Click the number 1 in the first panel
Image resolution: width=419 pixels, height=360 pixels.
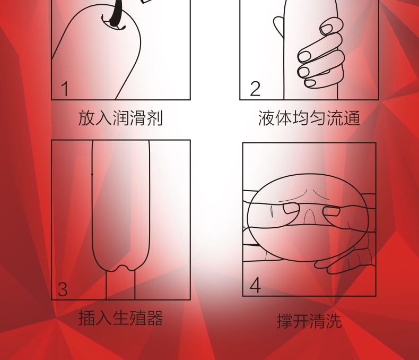(x=65, y=89)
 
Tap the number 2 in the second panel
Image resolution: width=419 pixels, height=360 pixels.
(x=255, y=89)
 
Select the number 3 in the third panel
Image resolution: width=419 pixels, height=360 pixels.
(x=63, y=289)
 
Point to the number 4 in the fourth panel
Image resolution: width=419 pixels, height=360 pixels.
(x=255, y=285)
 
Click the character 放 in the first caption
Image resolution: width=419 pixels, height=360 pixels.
(x=86, y=118)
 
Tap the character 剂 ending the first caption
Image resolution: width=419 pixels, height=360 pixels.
(x=154, y=118)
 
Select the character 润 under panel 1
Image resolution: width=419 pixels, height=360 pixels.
(x=120, y=118)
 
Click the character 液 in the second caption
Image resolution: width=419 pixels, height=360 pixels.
(x=266, y=118)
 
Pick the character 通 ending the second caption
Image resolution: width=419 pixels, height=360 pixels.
(x=352, y=118)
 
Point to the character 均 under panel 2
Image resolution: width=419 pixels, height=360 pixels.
(x=301, y=118)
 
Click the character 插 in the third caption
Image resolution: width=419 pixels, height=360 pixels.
(x=86, y=318)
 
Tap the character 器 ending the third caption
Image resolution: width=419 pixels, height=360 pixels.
(x=154, y=318)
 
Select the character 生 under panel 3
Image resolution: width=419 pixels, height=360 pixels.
(x=120, y=318)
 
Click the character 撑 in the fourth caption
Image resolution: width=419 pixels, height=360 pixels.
(x=285, y=321)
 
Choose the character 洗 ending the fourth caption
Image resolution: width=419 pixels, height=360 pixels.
(x=334, y=321)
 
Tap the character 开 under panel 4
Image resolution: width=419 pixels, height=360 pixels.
(x=301, y=321)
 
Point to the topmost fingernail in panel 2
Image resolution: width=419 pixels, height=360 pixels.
(x=326, y=29)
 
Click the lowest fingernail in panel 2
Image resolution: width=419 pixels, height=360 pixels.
(x=310, y=83)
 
